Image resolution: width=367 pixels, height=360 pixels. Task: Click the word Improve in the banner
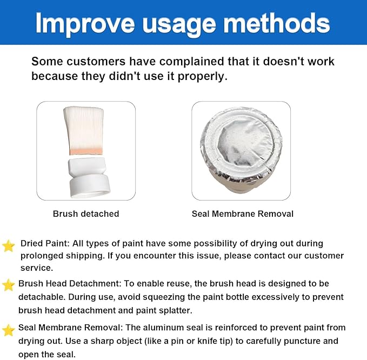[85, 24]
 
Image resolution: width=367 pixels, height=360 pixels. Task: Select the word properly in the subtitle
[202, 77]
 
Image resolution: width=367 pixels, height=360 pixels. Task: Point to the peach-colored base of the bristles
[86, 151]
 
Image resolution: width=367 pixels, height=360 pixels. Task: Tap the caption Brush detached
[86, 214]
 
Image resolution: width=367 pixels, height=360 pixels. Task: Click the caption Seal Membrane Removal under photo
[243, 214]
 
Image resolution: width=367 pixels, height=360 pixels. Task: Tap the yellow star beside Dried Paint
[9, 246]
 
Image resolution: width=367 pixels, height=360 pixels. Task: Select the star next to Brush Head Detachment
[9, 285]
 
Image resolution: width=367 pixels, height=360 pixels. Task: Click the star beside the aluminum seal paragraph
[9, 330]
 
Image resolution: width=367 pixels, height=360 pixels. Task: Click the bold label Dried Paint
[45, 243]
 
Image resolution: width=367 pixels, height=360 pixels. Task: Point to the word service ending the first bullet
[37, 268]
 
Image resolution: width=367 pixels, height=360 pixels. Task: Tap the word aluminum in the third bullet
[161, 327]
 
